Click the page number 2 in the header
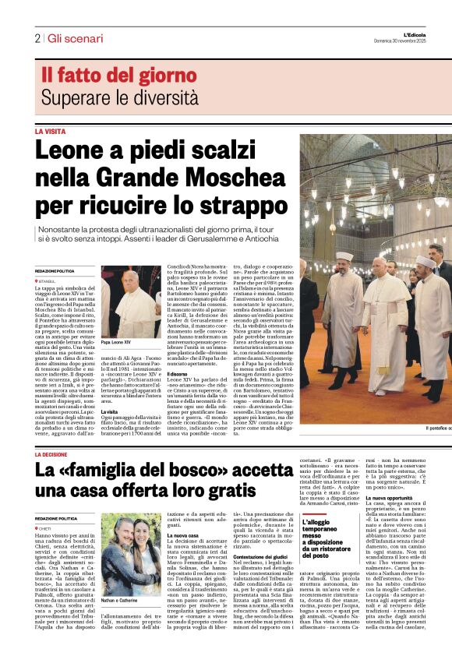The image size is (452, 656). click(37, 38)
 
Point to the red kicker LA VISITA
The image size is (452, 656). click(50, 132)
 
